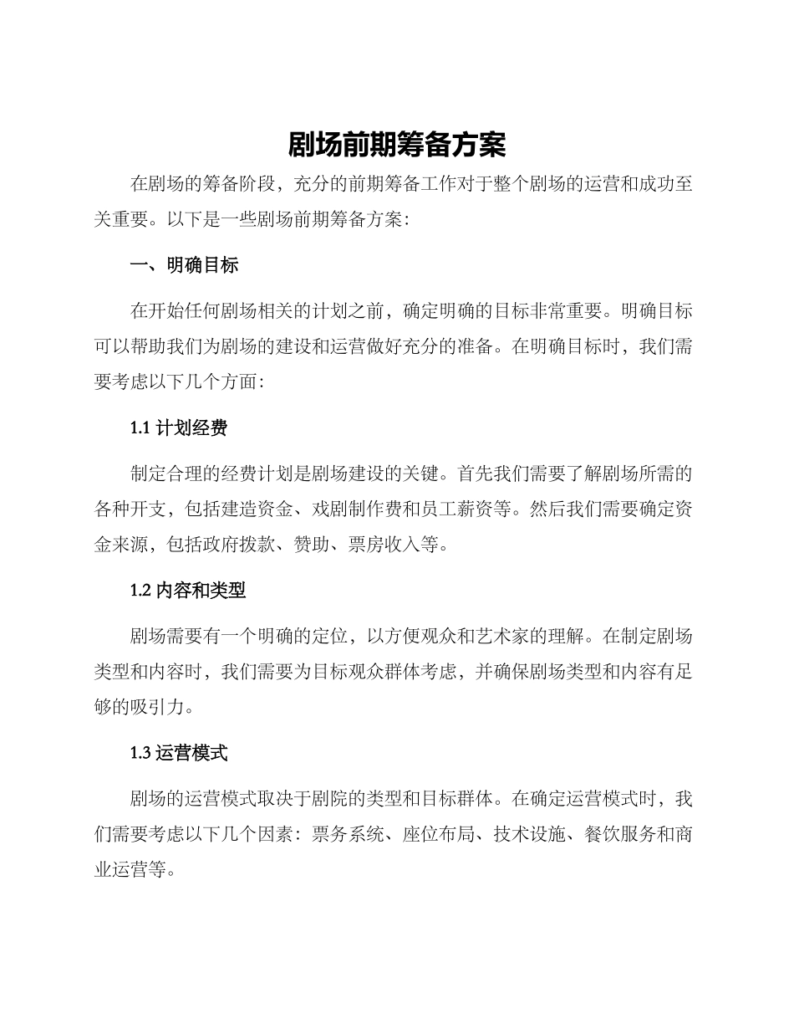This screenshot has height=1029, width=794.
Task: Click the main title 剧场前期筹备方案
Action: pos(397,146)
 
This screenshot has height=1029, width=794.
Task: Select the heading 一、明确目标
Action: pos(185,265)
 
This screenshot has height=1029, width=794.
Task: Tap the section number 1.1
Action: pos(140,428)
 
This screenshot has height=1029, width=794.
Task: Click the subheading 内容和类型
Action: pos(201,591)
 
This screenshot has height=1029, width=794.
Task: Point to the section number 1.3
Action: pos(141,753)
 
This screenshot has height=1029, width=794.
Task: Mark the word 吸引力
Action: pos(157,708)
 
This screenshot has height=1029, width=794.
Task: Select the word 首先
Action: pos(476,474)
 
